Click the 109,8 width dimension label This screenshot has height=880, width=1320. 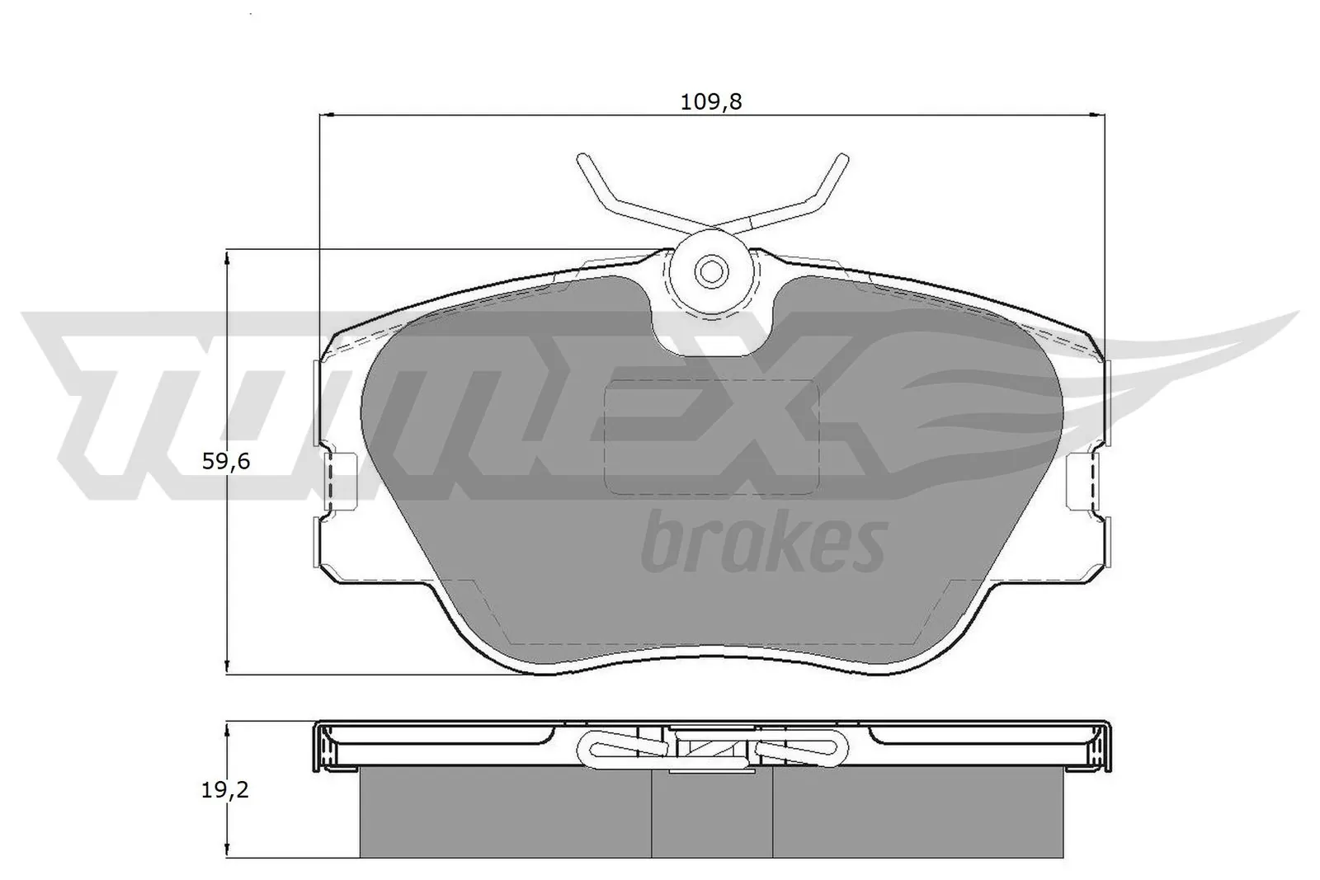[710, 101]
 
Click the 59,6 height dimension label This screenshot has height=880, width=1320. [226, 461]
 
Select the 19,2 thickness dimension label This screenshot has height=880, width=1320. [225, 790]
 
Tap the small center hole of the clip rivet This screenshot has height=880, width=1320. [709, 270]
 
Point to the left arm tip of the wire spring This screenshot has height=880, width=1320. [582, 158]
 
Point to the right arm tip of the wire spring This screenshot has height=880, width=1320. [842, 158]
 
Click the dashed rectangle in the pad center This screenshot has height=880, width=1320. [710, 436]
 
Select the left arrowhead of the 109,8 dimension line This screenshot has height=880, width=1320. [324, 115]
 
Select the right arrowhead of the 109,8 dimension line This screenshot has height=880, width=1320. [1101, 115]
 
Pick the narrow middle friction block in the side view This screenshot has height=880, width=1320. [712, 812]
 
